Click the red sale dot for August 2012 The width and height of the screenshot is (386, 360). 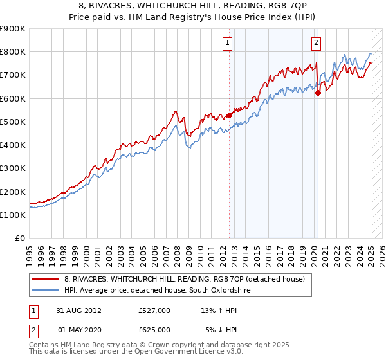[229, 116]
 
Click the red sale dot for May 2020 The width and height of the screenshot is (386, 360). [318, 93]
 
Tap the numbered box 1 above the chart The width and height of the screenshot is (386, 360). [228, 43]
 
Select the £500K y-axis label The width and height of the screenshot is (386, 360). [14, 122]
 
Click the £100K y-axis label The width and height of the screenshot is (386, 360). [14, 215]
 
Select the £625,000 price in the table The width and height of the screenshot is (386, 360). [154, 329]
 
